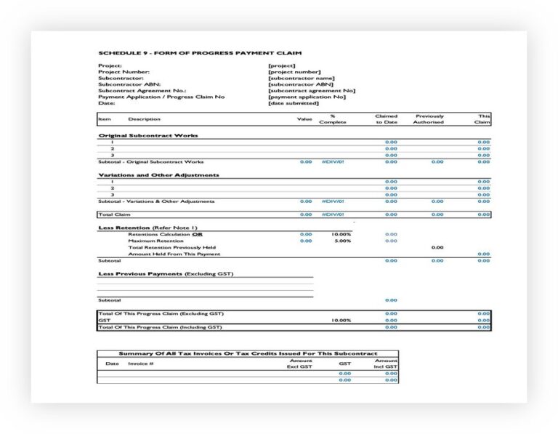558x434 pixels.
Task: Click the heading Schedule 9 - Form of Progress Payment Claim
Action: [200, 53]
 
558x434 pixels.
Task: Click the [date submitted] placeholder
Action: [294, 103]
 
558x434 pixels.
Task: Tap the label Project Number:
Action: [124, 72]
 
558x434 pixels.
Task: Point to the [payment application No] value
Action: [307, 97]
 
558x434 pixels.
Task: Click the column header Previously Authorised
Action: [429, 119]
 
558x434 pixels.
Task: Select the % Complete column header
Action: [333, 119]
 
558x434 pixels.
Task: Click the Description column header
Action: [145, 119]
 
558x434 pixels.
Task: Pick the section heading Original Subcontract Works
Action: [147, 135]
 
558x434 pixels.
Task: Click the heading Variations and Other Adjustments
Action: [158, 174]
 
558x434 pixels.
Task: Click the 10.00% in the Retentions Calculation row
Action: [341, 234]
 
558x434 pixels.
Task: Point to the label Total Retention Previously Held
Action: [171, 247]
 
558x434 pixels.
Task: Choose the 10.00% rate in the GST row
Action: [341, 320]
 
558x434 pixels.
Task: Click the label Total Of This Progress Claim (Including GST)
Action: [160, 327]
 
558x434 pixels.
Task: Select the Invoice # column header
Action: [141, 363]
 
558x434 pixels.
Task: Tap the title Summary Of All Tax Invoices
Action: [248, 353]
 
